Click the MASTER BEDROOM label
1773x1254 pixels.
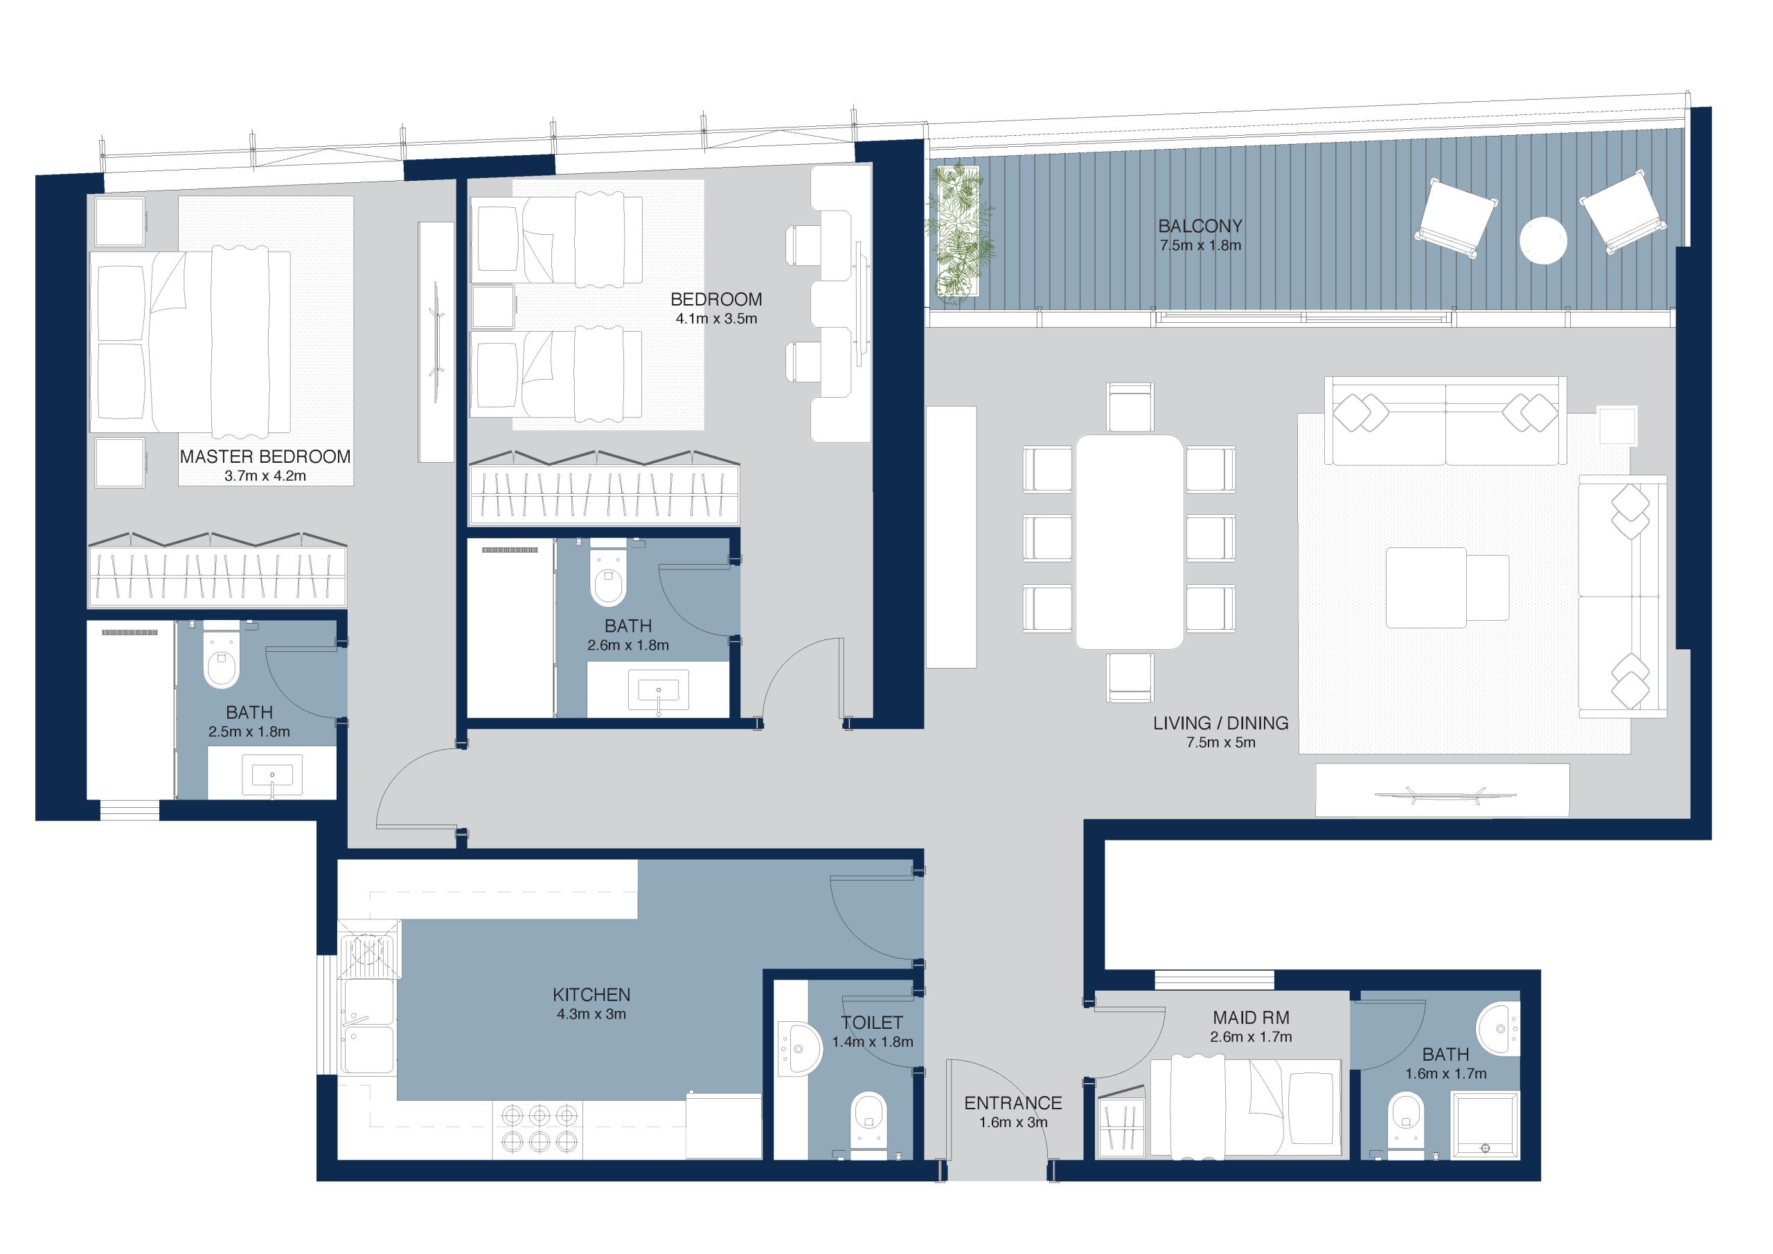[265, 457]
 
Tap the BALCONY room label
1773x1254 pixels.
[1200, 227]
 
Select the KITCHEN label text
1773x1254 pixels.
[591, 994]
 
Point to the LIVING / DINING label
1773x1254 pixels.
[1221, 723]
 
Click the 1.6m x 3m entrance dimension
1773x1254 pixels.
[1013, 1122]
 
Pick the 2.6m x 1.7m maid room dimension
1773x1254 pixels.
[1251, 1037]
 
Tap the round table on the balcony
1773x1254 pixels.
[1543, 240]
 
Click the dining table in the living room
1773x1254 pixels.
[1129, 542]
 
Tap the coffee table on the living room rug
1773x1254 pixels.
[1425, 588]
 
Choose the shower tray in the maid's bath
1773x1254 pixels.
[1484, 1124]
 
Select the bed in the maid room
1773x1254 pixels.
[1245, 1108]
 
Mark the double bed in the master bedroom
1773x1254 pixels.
[190, 341]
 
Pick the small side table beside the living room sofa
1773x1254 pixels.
[1617, 425]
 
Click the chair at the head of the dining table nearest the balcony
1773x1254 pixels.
[1129, 407]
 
